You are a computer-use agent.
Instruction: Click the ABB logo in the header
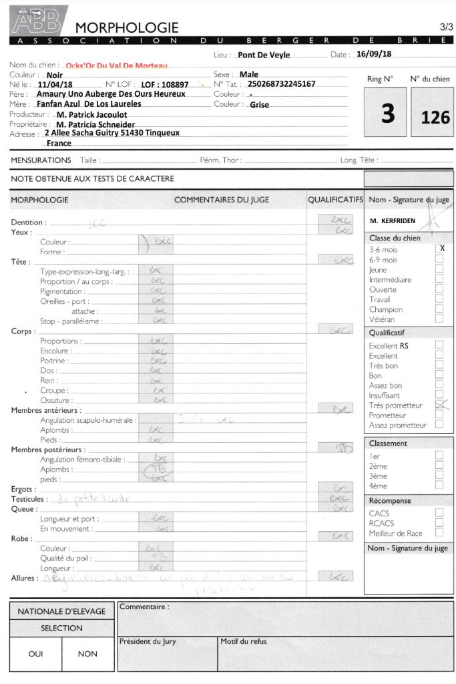(x=38, y=22)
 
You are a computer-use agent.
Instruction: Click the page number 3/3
(x=446, y=27)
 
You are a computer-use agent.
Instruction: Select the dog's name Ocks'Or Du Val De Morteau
(x=117, y=65)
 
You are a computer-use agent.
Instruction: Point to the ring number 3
(x=387, y=114)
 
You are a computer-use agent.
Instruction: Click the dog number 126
(x=435, y=118)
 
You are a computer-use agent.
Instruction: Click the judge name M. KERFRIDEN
(x=392, y=220)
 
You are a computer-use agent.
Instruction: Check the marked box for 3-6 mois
(x=439, y=248)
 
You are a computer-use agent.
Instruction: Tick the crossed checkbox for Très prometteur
(x=439, y=405)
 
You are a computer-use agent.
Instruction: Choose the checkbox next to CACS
(x=439, y=513)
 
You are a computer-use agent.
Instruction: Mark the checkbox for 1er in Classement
(x=439, y=456)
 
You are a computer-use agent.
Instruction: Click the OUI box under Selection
(x=35, y=654)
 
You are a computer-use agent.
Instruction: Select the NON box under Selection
(x=87, y=654)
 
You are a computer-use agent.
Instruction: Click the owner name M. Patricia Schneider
(x=95, y=124)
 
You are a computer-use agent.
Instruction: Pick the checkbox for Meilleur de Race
(x=439, y=533)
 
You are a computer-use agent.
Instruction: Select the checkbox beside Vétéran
(x=439, y=319)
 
